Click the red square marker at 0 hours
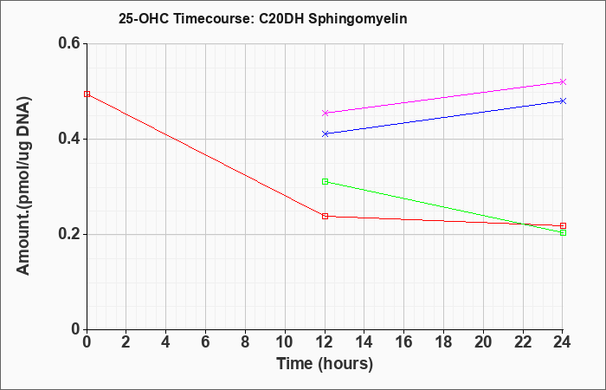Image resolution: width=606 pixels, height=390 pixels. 87,94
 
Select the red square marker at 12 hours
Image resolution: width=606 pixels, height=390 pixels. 325,217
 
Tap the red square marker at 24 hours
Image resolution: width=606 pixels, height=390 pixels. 563,225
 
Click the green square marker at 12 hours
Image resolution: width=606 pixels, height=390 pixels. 325,181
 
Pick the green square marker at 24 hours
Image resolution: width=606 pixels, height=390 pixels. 563,232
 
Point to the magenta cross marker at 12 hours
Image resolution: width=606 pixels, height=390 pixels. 325,113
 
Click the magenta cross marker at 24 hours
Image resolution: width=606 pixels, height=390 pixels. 563,81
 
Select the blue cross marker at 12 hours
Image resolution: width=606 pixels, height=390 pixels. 325,133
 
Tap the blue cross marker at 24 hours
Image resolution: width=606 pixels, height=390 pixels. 563,101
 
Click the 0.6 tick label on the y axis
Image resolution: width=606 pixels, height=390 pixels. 69,43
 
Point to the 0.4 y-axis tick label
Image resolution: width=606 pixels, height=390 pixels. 69,139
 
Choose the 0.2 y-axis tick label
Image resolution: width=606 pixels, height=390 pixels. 69,234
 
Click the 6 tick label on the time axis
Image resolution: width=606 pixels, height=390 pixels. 206,342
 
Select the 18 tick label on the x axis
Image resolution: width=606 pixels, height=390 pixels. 443,342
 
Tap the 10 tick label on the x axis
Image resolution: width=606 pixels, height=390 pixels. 285,342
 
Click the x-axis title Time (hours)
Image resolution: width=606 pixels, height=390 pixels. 325,364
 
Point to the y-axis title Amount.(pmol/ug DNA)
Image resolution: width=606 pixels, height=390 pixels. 23,186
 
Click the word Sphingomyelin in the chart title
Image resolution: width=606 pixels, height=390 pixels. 358,18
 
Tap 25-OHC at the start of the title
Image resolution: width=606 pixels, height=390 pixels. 144,18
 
